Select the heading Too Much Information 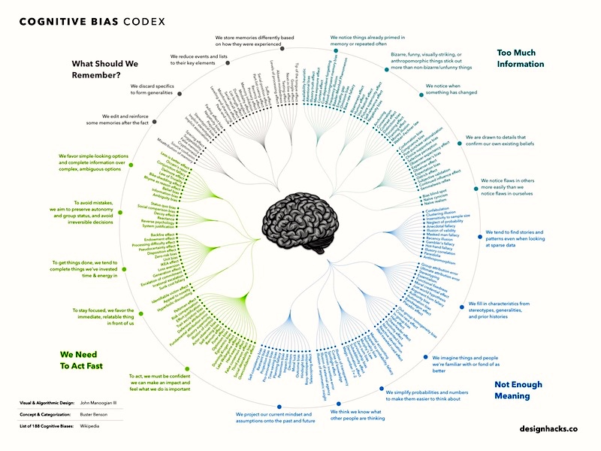point(521,59)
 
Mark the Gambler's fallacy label point(439,242)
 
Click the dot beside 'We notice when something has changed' point(421,95)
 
